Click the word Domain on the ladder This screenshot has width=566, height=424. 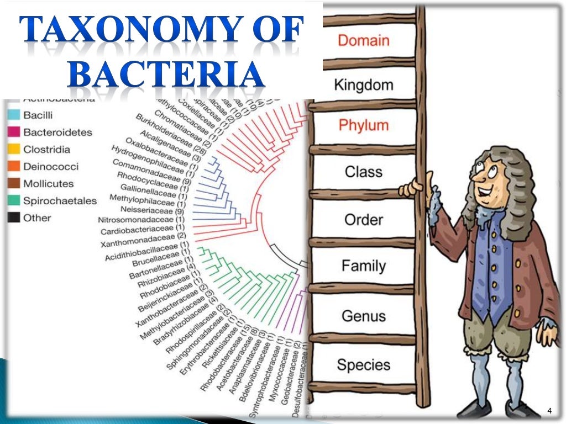[x=364, y=40]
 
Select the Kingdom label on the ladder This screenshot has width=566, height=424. [x=364, y=85]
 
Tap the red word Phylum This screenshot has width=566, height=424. [x=364, y=125]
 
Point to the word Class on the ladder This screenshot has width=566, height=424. [x=364, y=171]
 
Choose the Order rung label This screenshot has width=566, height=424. [x=364, y=220]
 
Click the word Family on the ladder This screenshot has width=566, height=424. [x=364, y=266]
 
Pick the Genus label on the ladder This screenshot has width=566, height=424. [x=364, y=316]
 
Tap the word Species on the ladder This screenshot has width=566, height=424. [x=364, y=364]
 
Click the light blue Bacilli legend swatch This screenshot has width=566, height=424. [x=14, y=115]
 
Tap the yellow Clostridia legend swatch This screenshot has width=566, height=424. [x=14, y=149]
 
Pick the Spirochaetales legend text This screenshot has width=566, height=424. [x=60, y=201]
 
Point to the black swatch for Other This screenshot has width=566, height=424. [x=14, y=218]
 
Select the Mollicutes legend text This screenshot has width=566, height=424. [x=48, y=184]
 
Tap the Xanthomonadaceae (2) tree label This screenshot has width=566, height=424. [x=143, y=240]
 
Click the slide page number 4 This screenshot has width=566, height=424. [x=549, y=410]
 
